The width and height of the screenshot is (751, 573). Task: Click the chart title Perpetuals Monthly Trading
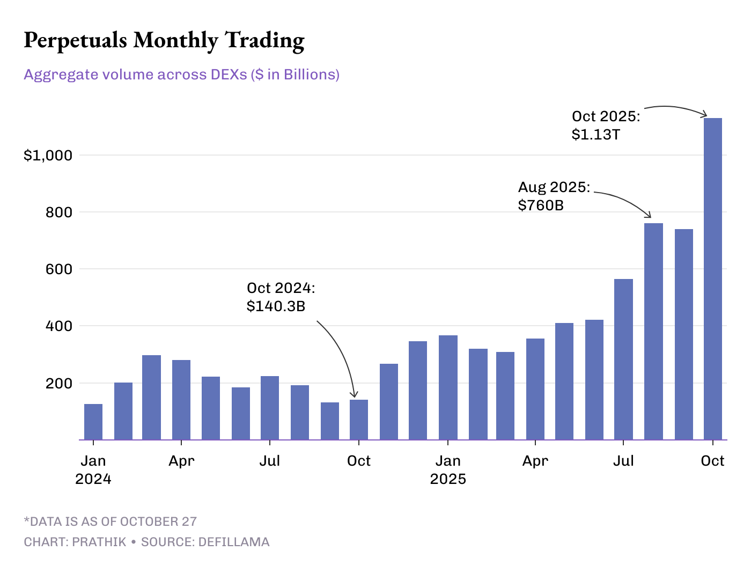(x=164, y=40)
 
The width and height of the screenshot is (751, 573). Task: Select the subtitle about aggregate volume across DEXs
(x=181, y=74)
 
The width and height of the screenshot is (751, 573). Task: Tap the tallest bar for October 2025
(x=712, y=279)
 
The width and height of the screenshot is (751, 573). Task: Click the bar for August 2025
(x=653, y=332)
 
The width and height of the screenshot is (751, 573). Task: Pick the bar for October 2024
(x=359, y=420)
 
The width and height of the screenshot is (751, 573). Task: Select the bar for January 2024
(x=93, y=422)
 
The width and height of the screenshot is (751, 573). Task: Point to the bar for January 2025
(x=448, y=387)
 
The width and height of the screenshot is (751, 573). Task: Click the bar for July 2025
(x=623, y=359)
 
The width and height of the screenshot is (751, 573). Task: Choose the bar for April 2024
(x=181, y=400)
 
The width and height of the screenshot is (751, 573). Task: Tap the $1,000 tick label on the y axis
(x=48, y=156)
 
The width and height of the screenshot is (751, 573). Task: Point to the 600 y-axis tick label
(x=59, y=269)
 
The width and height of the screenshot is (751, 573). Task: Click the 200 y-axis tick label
(x=59, y=384)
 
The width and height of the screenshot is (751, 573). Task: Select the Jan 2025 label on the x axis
(x=448, y=469)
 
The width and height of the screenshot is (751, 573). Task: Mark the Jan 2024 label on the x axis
(x=93, y=469)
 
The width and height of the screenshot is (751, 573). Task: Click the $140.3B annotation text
(x=276, y=306)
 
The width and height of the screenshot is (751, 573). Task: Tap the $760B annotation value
(x=541, y=205)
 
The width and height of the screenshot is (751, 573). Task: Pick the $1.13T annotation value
(x=595, y=134)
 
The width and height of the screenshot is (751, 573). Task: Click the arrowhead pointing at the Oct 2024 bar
(x=354, y=396)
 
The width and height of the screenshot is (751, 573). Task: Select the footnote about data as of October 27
(x=111, y=521)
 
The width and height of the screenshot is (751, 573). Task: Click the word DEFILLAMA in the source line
(x=234, y=542)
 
